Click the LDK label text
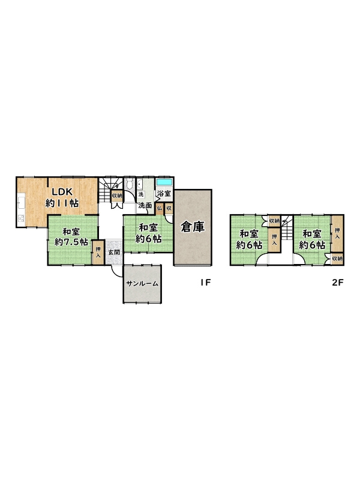(62, 192)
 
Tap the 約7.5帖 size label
(71, 242)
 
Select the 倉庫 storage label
(193, 227)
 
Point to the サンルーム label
(142, 284)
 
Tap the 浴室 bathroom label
(164, 193)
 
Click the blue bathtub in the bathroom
(164, 182)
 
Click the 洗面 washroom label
(145, 205)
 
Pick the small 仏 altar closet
(159, 208)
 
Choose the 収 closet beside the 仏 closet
(169, 208)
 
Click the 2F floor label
(338, 283)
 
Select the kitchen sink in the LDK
(21, 203)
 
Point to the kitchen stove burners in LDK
(21, 218)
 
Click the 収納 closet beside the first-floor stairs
(117, 196)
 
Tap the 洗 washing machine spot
(141, 194)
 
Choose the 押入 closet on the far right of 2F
(337, 233)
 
